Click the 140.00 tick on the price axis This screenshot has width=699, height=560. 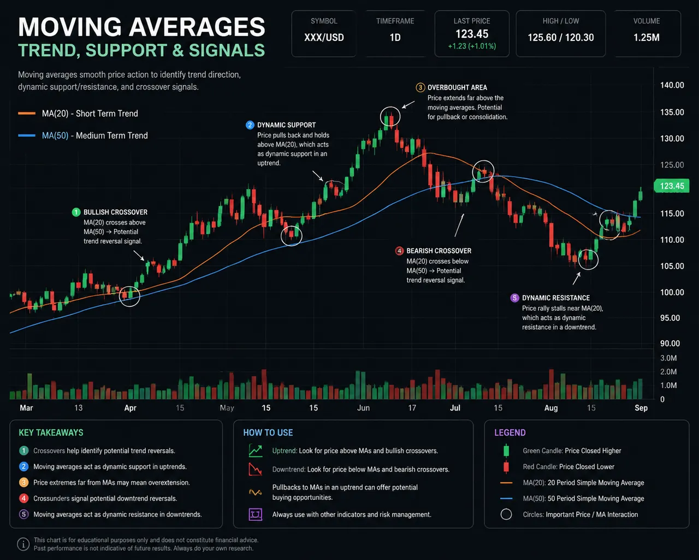(672, 85)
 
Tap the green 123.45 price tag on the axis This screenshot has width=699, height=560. (671, 186)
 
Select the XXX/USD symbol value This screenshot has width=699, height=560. (324, 38)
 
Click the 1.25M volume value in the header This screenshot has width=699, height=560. (647, 38)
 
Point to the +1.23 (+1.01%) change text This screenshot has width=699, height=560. (472, 46)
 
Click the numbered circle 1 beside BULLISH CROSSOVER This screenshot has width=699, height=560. (76, 212)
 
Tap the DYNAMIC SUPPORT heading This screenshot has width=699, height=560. (286, 125)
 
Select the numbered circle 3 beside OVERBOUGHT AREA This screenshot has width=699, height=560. (420, 87)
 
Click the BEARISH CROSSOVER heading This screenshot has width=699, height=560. (439, 251)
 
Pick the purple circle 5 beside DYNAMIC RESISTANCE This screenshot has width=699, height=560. (514, 297)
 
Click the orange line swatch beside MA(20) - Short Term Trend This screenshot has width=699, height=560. (27, 113)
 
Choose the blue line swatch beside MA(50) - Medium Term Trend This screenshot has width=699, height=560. (27, 136)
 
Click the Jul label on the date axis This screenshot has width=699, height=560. (455, 408)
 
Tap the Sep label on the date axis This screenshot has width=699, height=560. (641, 408)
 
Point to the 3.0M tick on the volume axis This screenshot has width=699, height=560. (668, 358)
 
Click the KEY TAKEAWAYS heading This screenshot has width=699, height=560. (51, 433)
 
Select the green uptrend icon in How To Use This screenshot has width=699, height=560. (256, 451)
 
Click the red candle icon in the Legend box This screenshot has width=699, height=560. (506, 467)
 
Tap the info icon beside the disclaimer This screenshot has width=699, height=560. (23, 544)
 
